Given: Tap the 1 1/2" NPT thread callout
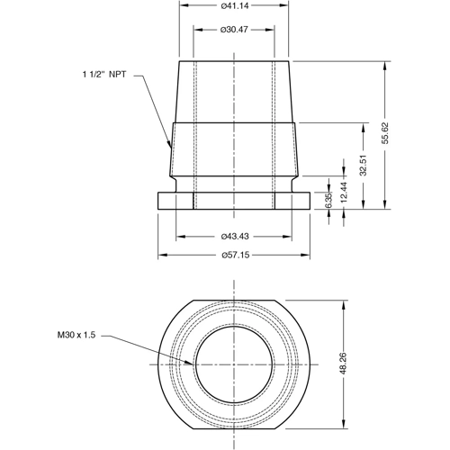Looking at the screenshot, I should [104, 76].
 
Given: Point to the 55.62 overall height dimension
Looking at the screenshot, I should [385, 133].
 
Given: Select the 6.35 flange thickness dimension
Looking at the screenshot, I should [328, 200].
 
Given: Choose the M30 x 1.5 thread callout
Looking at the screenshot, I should [75, 335].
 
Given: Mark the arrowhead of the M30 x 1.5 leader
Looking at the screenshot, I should [192, 364].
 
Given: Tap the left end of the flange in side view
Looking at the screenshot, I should [158, 201].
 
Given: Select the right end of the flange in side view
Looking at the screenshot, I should [311, 201].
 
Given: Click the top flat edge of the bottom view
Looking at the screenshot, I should [235, 301].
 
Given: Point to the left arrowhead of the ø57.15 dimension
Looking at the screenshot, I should [160, 256].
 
